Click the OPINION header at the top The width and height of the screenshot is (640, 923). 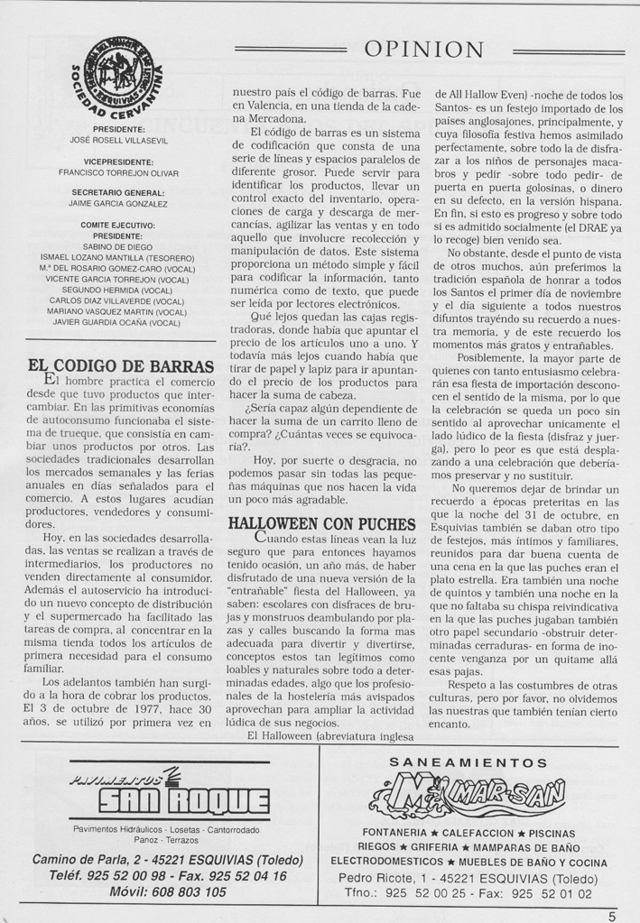pyautogui.click(x=423, y=49)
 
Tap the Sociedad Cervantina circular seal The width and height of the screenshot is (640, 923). pyautogui.click(x=116, y=80)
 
